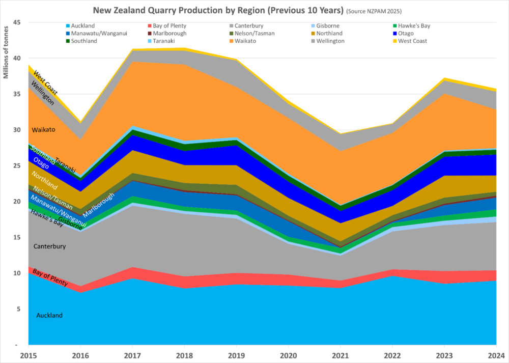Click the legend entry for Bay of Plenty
[169, 25]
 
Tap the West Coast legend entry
[413, 41]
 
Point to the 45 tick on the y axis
[17, 22]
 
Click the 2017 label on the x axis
[132, 355]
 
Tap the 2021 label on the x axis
[341, 355]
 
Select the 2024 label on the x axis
[496, 355]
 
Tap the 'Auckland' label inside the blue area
[49, 316]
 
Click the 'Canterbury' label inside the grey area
[50, 246]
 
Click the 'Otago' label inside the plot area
[41, 163]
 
